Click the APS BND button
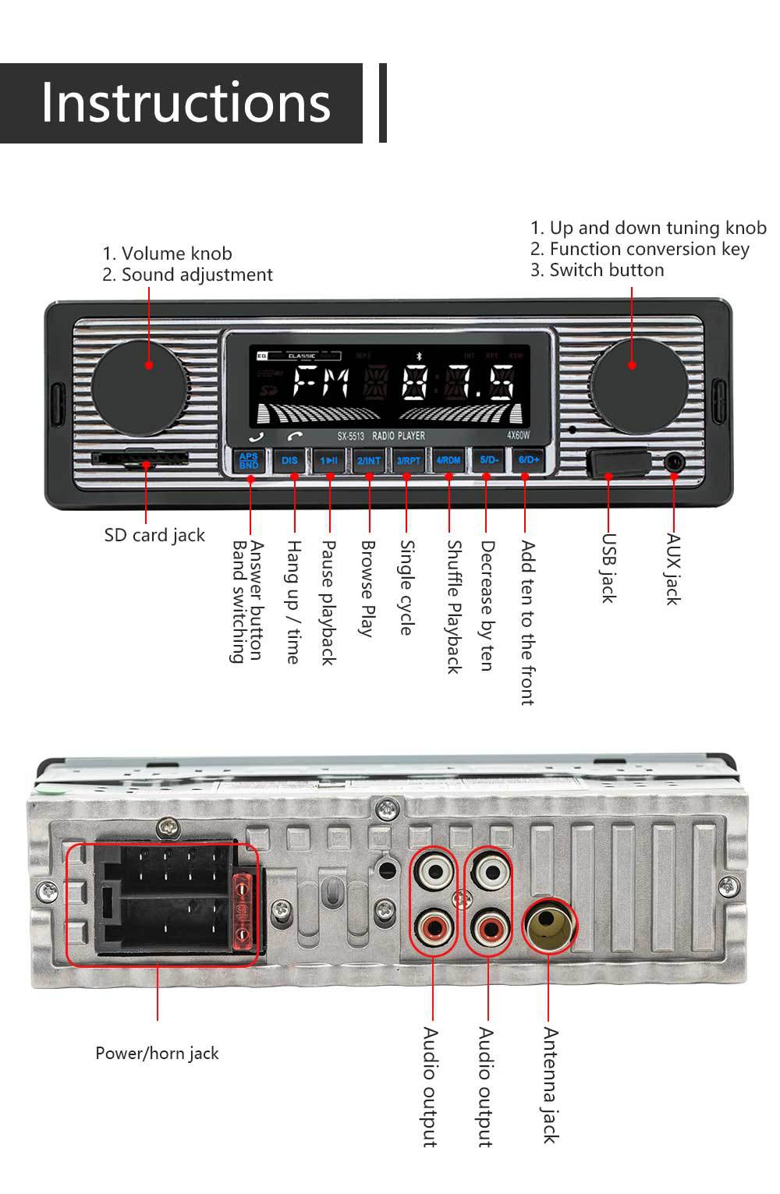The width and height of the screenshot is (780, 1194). coord(249,460)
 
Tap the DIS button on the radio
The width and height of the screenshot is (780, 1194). coord(289,460)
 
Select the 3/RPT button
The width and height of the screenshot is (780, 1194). coord(408,460)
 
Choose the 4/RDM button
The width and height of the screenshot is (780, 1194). coord(448,460)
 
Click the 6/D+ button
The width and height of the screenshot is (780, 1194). coord(529,460)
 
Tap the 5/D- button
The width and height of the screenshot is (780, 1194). coord(489,460)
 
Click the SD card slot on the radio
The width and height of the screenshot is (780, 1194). coord(140,459)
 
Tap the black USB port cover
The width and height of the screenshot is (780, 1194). coord(618,462)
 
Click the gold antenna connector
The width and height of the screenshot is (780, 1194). coord(548,925)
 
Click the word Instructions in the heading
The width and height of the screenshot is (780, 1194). coord(186,102)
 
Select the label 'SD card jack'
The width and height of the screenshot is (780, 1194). coord(154,535)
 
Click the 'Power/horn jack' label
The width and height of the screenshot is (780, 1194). coord(157,1053)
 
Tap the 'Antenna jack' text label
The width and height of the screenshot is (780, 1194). coord(550,1085)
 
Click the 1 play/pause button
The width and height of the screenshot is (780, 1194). coord(329,460)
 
